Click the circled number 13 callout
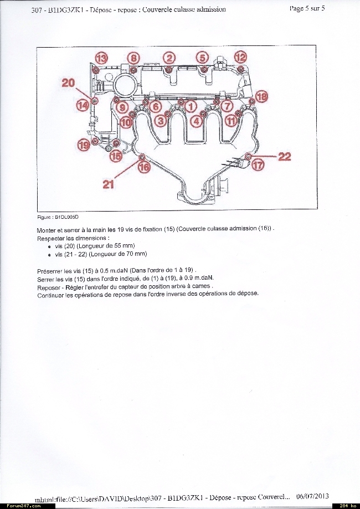101,57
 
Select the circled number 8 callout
134,58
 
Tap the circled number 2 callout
169,58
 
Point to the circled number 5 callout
203,58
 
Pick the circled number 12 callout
240,57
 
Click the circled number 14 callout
83,105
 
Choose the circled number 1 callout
191,105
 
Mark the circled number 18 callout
261,96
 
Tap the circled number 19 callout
83,145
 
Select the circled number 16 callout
144,166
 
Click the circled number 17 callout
258,164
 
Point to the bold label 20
68,83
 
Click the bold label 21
109,184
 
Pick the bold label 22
285,157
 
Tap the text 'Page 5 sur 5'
307,8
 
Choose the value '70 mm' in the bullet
136,254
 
